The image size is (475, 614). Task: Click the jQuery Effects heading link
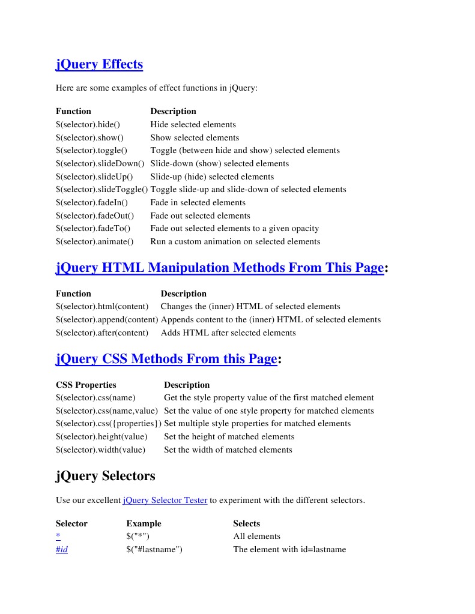tap(99, 64)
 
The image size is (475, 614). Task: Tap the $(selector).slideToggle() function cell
tap(101, 190)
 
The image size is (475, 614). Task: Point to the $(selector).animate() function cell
tap(94, 242)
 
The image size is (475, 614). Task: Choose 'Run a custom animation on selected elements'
tap(235, 242)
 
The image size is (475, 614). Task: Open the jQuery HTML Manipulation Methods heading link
tap(219, 268)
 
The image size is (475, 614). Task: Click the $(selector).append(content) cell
tap(107, 320)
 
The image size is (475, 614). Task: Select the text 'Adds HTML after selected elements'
tap(228, 333)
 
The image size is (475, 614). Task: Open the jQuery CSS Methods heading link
tap(166, 359)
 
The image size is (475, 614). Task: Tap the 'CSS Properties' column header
tap(86, 385)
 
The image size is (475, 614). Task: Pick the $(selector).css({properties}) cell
tap(109, 424)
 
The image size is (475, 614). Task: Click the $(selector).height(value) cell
tap(101, 437)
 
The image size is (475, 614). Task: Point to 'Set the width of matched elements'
tap(228, 450)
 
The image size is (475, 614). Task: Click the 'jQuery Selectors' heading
tap(105, 476)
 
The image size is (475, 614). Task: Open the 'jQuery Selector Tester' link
tap(165, 500)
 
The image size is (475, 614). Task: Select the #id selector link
tap(61, 550)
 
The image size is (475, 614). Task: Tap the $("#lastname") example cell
tap(154, 550)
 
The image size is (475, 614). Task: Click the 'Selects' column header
tap(246, 524)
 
